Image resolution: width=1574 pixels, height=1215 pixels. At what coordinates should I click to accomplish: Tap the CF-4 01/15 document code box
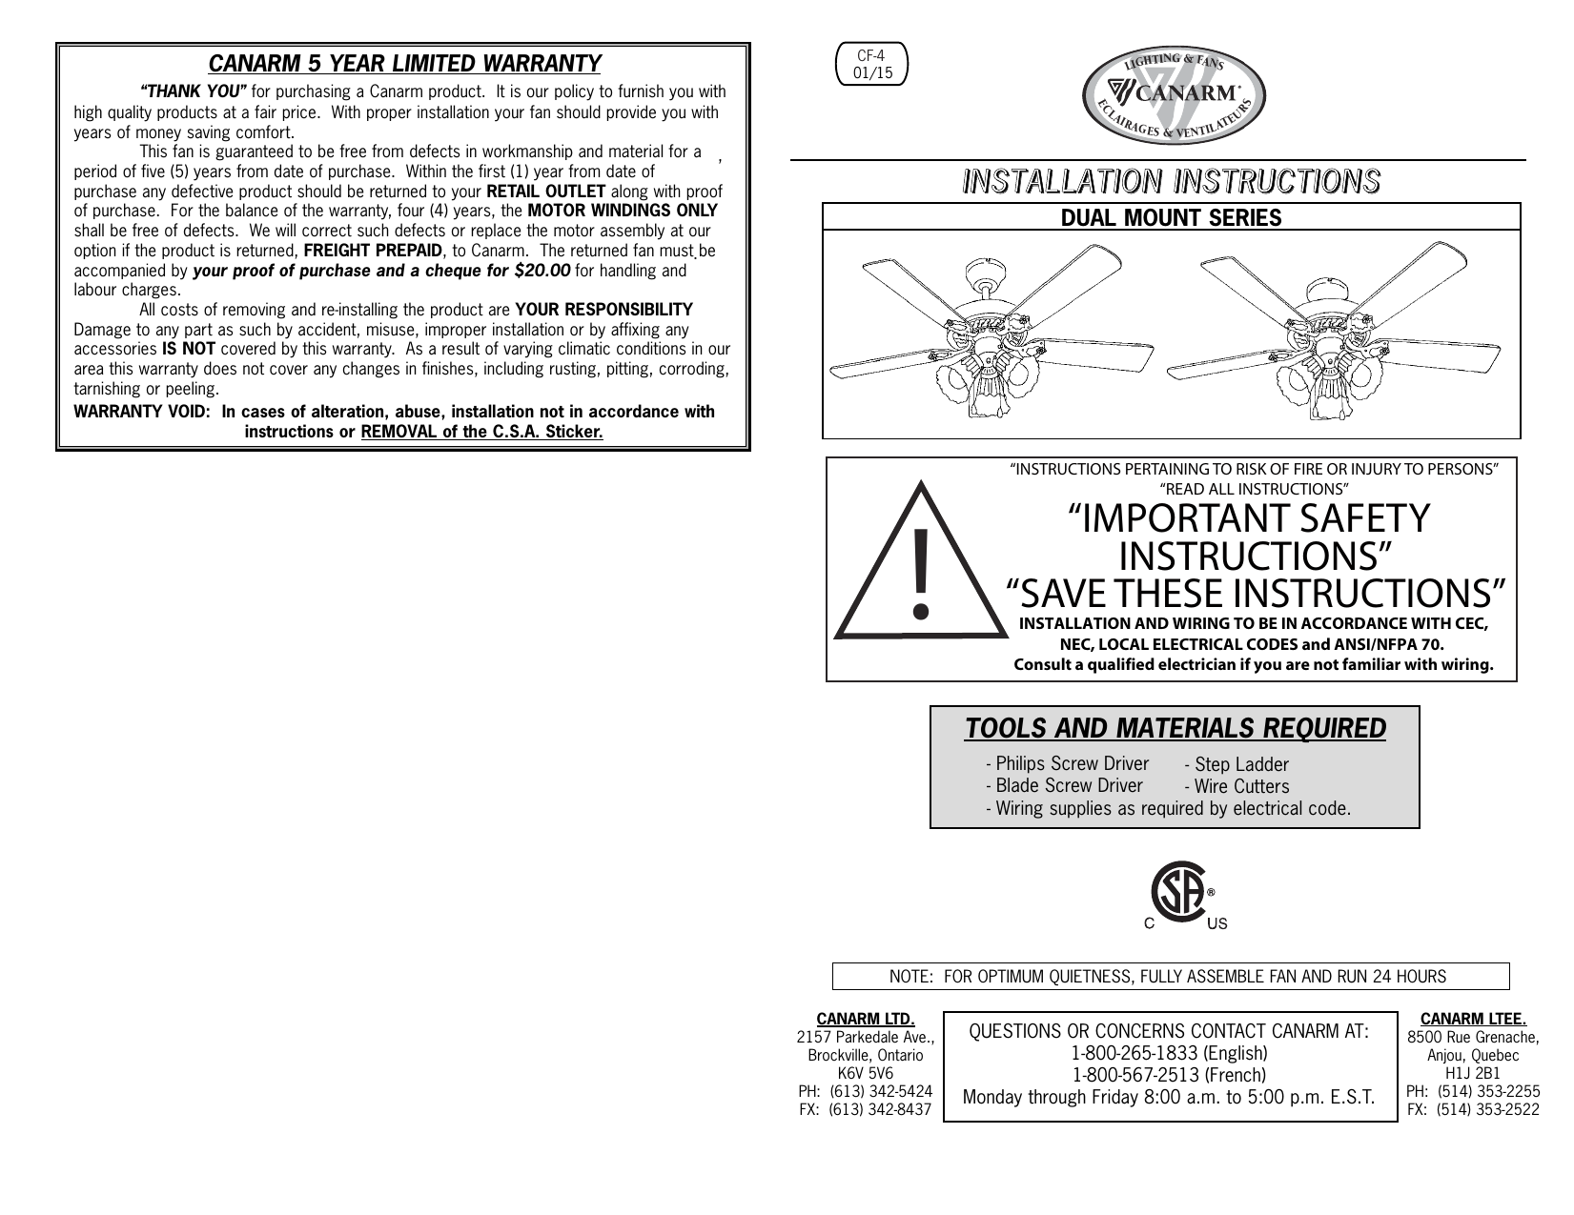(871, 64)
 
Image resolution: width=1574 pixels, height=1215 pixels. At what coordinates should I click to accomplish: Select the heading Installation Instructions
(1171, 180)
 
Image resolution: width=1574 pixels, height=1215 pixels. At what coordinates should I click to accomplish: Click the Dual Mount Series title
(1171, 217)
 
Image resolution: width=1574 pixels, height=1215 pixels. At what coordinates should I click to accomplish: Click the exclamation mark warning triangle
(918, 568)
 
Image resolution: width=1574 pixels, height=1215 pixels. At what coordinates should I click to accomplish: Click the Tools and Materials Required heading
(1175, 729)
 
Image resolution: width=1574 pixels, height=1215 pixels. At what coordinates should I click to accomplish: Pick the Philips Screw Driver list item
(1067, 764)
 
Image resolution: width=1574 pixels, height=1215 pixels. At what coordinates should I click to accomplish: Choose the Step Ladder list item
(1236, 765)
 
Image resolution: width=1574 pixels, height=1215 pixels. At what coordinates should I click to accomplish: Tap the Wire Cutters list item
(1236, 787)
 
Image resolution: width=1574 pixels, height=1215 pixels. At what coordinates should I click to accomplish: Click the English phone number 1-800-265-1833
(1169, 1054)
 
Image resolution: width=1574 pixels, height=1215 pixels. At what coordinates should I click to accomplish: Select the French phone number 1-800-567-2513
(1169, 1075)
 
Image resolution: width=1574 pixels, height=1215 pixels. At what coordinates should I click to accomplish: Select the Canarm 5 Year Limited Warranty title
(404, 64)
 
